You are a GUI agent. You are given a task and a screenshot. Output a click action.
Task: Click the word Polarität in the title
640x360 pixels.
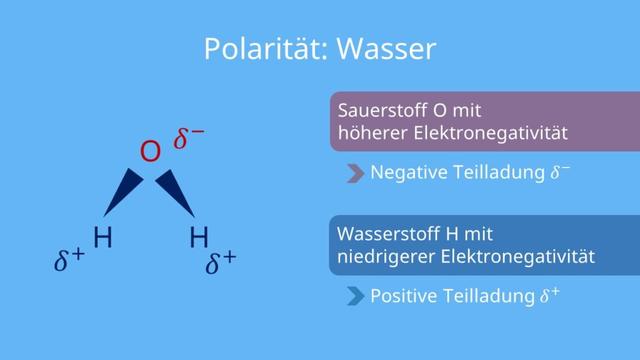pos(252,47)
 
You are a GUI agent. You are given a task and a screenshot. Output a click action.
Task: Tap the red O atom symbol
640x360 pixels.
pos(150,152)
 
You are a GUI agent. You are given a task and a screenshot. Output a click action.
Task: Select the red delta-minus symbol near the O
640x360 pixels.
pos(189,140)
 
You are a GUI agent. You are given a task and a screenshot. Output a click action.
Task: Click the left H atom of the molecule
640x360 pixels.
pos(102,237)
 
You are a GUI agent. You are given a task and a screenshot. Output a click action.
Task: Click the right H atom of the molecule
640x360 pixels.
pos(199,237)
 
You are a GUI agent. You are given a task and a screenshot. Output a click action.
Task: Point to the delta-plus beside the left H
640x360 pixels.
pos(70,261)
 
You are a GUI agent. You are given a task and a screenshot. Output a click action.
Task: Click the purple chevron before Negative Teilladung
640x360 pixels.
pos(354,172)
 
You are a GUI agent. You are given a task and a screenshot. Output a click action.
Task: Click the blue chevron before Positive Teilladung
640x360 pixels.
pos(354,297)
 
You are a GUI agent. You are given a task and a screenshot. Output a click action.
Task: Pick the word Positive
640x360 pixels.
pos(403,297)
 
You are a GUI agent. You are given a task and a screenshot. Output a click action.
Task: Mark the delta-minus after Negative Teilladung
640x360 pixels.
pos(560,171)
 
